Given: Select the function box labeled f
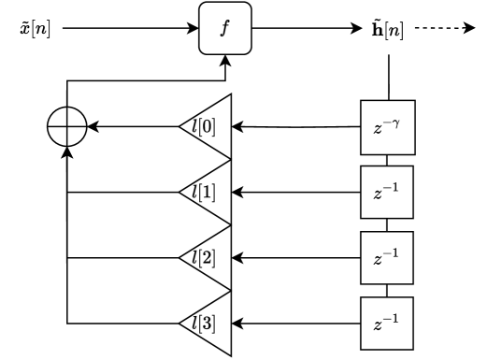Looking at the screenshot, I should [x=224, y=29].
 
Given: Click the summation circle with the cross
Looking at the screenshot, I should [x=67, y=125].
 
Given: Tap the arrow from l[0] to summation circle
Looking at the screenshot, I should [x=131, y=125].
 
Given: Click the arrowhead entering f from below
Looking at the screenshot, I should [x=224, y=62].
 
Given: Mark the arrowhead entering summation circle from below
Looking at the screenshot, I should [x=67, y=152].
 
